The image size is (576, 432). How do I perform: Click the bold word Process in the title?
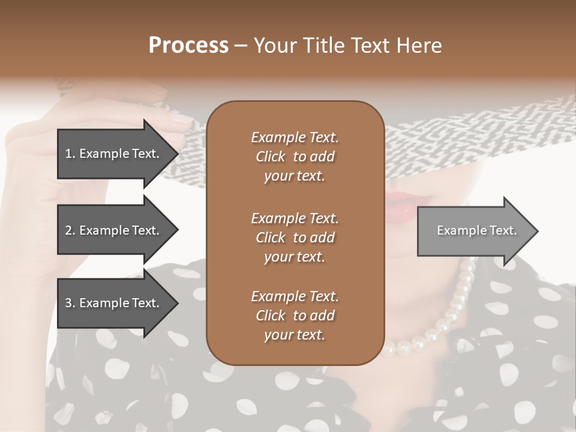point(188,46)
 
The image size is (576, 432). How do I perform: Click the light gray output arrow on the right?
point(474,231)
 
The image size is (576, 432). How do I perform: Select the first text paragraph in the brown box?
point(295,157)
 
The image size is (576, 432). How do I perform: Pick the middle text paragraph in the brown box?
point(295,238)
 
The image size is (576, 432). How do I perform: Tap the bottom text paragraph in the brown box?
point(295,316)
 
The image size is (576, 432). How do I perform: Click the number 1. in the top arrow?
point(70,154)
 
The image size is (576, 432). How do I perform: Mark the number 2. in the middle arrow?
point(70,230)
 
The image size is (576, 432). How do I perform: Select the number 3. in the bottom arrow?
point(70,303)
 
